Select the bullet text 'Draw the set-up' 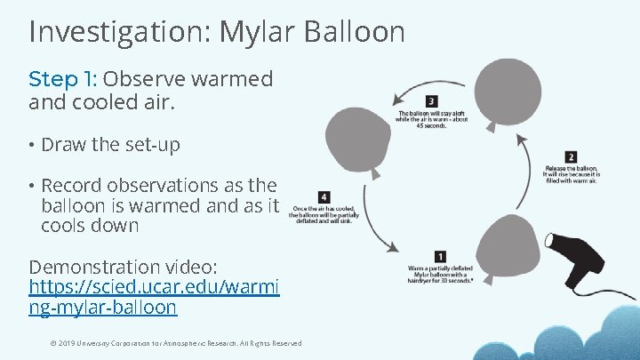pos(110,145)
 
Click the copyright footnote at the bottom pos(175,343)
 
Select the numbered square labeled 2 pos(570,157)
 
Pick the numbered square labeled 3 pos(431,100)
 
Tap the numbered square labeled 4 pos(324,196)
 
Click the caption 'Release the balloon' pos(571,174)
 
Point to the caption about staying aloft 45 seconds pos(431,119)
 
